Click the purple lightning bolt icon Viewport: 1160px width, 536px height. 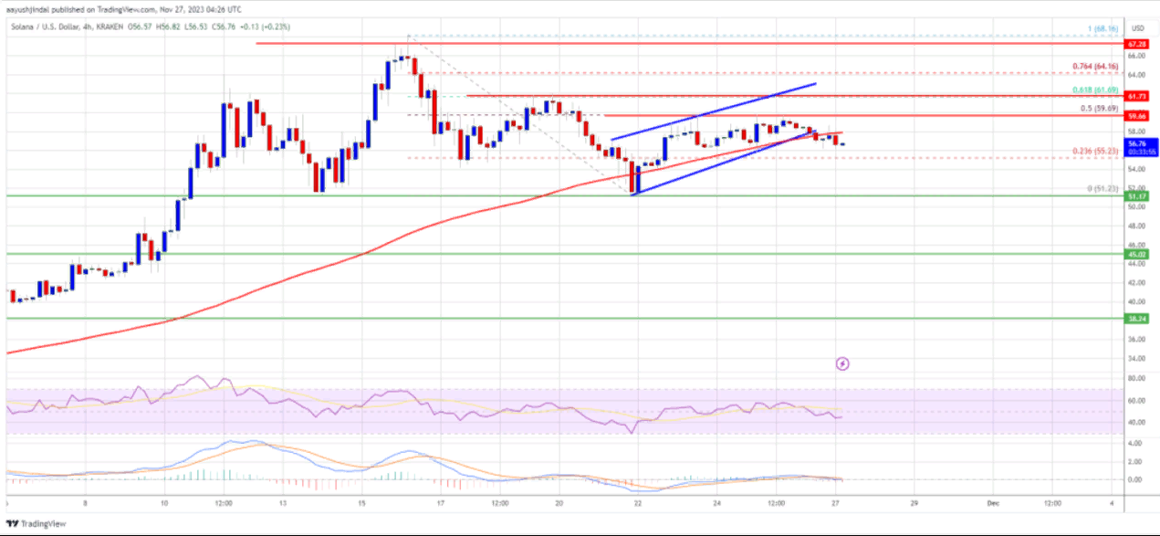click(x=842, y=363)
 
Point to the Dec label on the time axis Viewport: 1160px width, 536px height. click(x=995, y=503)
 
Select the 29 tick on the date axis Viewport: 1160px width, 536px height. click(x=914, y=503)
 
